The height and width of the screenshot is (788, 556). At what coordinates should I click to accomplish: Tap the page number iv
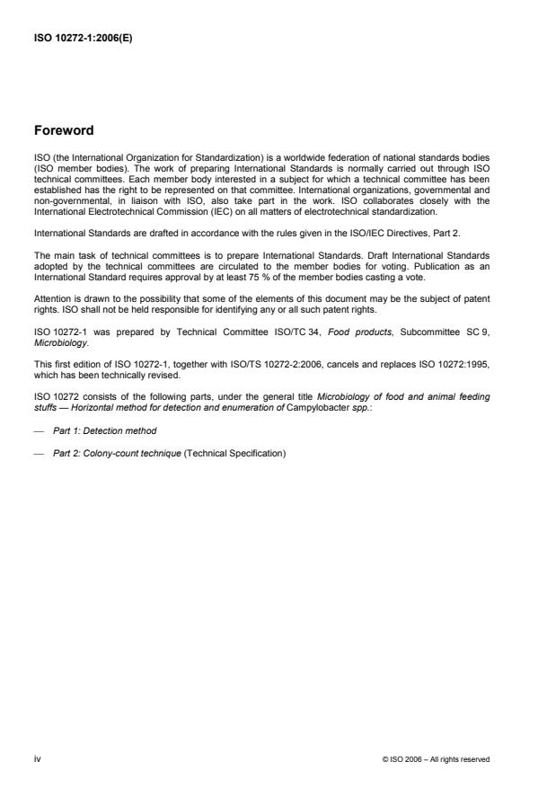37,759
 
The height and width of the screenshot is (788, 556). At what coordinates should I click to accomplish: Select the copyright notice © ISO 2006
436,759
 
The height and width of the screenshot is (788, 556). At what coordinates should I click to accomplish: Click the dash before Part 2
39,453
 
